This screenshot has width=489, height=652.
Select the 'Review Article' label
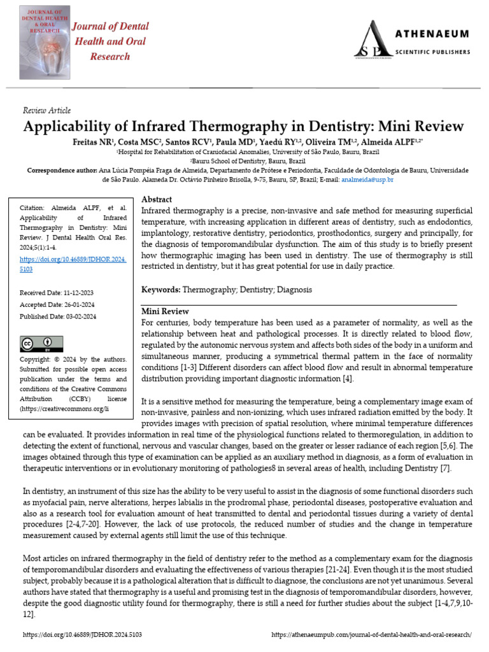point(46,110)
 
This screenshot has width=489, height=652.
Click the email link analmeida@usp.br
point(367,180)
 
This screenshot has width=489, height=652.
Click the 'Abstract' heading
point(156,199)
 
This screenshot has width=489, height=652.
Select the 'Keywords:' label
point(160,290)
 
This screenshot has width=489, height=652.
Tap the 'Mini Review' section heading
point(164,311)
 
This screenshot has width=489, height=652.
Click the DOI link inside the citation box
point(72,264)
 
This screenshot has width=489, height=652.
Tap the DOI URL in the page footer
point(82,635)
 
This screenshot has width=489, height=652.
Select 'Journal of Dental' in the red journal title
point(110,27)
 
